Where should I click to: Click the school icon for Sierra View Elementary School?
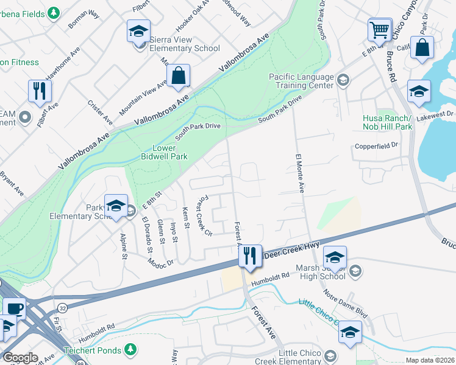(x=138, y=30)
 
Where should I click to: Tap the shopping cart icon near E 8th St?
(x=379, y=29)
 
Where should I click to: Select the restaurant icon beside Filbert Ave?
(x=40, y=91)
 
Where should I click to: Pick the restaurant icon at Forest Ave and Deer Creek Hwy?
(x=249, y=255)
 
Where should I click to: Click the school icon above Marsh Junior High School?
(x=335, y=256)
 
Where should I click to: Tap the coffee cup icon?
(x=14, y=308)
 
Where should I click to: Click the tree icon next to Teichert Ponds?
(x=130, y=349)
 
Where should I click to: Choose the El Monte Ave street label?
(x=299, y=173)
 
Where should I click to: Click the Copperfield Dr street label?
(x=377, y=145)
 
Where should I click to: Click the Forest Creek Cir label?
(x=203, y=217)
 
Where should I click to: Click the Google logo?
(x=20, y=358)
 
